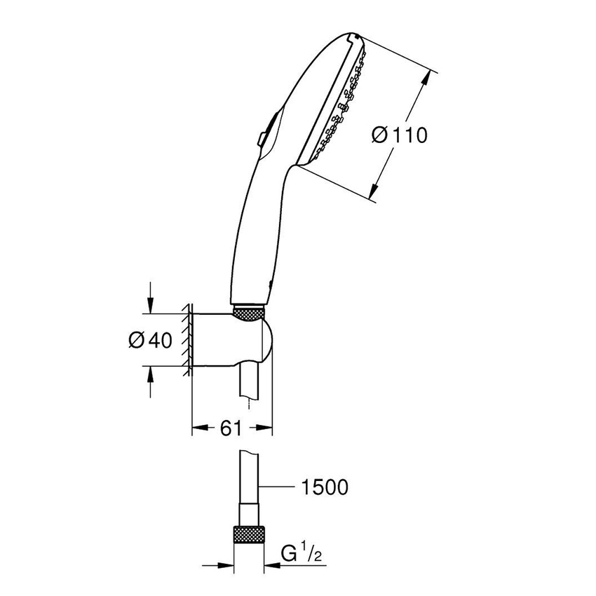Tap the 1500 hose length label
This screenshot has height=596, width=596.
(x=325, y=487)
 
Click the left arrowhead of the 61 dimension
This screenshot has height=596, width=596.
(x=198, y=427)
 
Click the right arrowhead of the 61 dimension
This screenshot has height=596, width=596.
(x=266, y=427)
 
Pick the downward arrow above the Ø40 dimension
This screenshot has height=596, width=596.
(x=150, y=306)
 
